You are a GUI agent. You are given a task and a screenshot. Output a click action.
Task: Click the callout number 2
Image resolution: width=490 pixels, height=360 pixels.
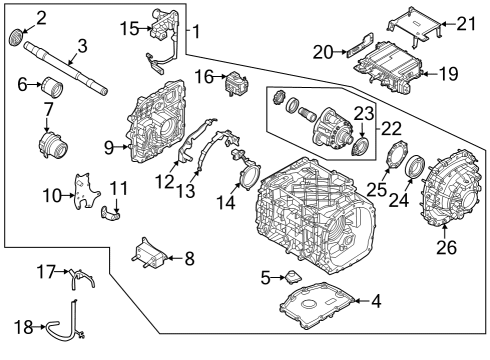coord(41,17)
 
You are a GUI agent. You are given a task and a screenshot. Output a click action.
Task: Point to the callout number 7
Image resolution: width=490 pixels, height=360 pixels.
coord(47,107)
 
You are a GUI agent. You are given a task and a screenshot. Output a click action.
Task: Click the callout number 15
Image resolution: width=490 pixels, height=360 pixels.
coord(128,27)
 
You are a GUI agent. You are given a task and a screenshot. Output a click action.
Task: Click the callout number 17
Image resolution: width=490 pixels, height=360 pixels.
coord(45,270)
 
